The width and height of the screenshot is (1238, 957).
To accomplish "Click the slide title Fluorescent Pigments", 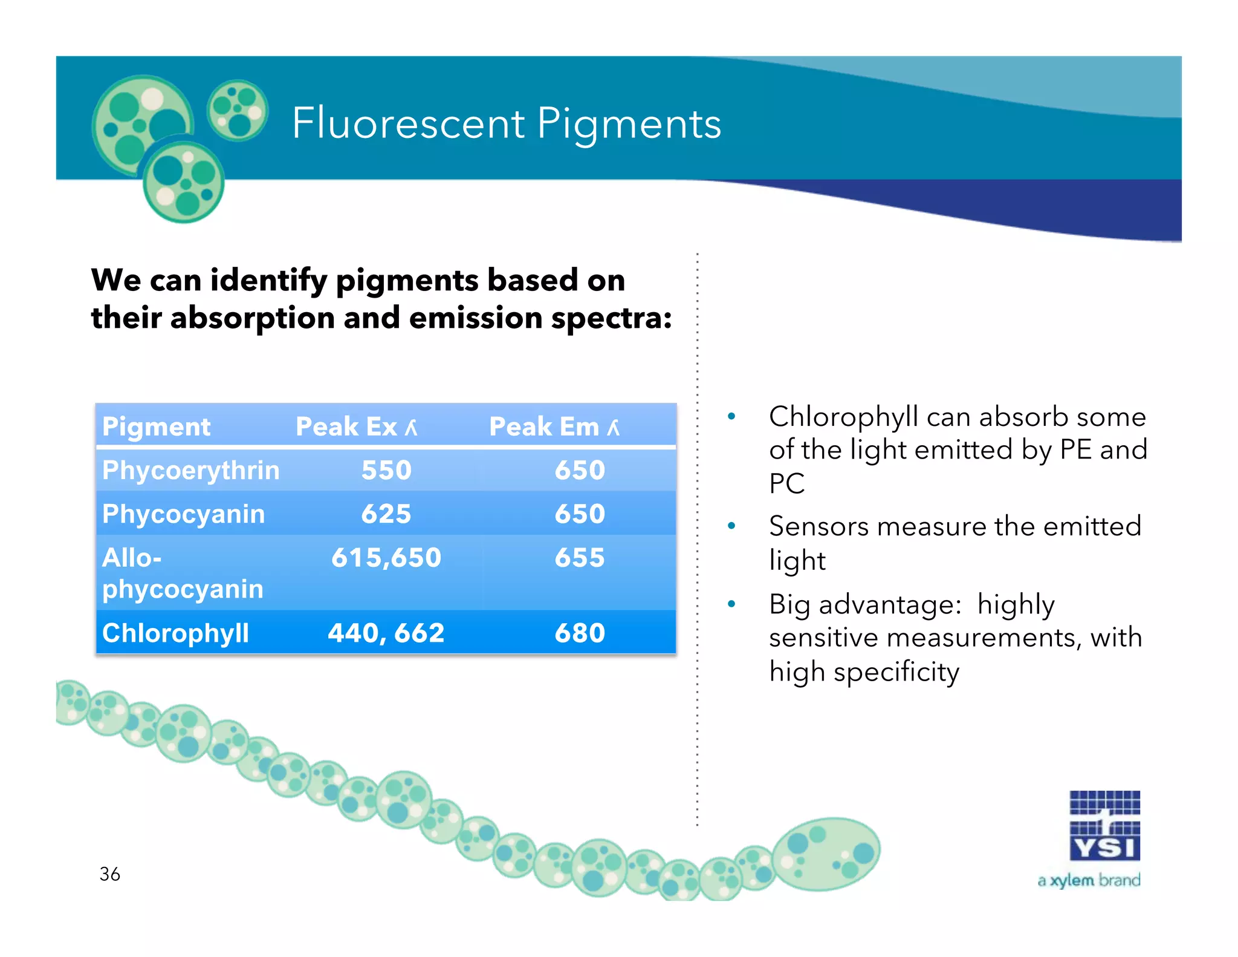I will pos(507,123).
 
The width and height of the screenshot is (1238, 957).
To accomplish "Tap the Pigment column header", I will pos(156,426).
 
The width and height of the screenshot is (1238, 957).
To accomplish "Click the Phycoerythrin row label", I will pos(190,471).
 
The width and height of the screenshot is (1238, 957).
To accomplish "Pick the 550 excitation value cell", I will pos(386,471).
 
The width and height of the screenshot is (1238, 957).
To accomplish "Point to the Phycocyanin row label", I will pos(183,514).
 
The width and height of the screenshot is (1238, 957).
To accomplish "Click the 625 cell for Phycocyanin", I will pos(386,514).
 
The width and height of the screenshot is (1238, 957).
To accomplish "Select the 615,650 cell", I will pos(386,558).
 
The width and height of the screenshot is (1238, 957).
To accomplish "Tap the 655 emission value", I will pos(579,558).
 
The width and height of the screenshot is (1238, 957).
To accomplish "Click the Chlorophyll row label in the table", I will pos(175,633).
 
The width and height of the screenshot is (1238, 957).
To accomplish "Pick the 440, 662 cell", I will pos(386,633).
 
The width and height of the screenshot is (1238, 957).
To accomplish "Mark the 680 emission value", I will pos(579,633).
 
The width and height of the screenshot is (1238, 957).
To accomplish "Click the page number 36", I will pos(109,874).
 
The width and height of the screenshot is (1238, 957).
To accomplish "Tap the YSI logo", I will pos(1104,826).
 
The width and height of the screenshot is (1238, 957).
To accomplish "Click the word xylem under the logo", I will pos(1072,881).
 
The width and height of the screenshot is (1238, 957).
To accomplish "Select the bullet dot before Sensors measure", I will pos(731,526).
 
